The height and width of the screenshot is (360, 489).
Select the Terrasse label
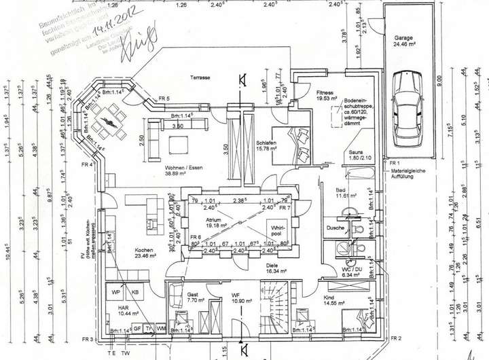click(200, 78)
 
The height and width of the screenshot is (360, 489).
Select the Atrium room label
click(218, 221)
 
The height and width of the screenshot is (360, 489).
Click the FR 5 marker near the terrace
click(164, 99)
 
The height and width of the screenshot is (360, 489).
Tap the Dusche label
click(335, 228)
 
